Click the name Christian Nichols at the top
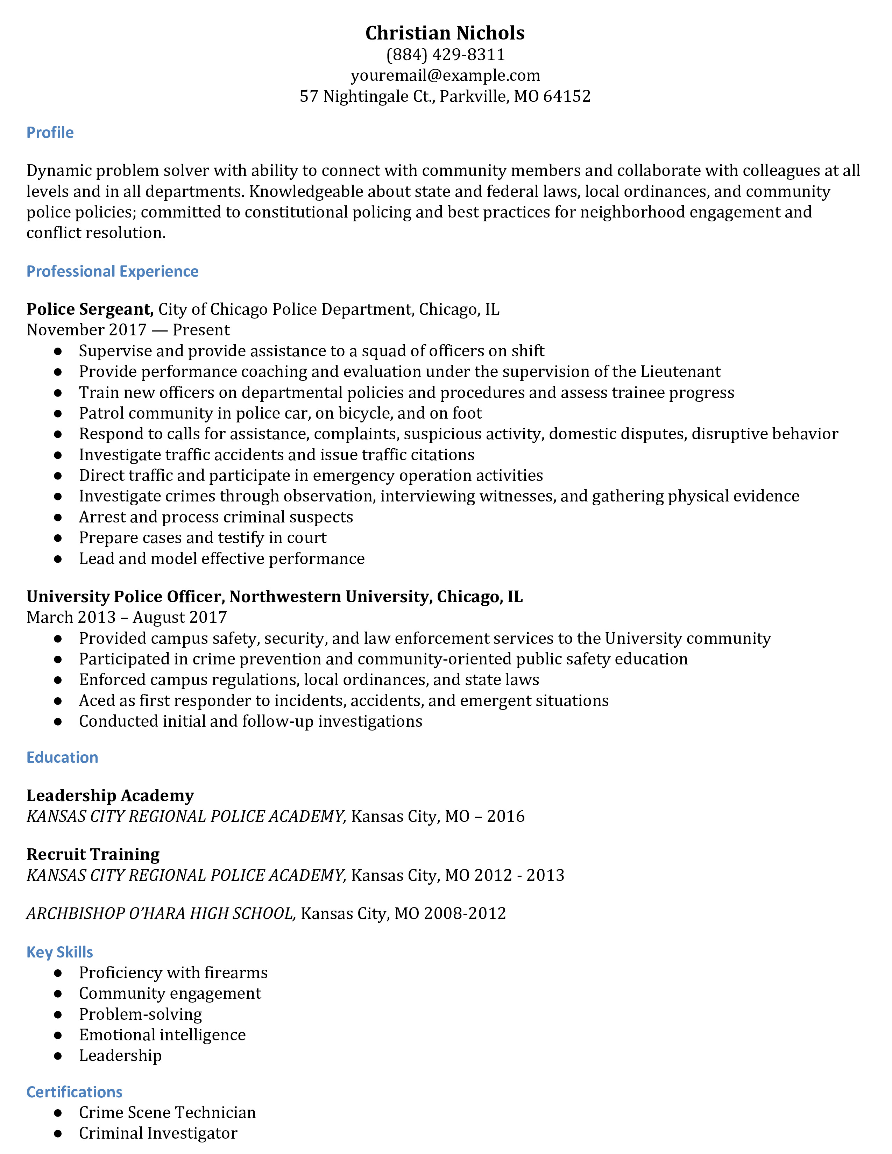pos(445,33)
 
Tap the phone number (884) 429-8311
pos(445,55)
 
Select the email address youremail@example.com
pos(445,76)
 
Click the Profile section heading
pos(50,133)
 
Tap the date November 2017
pos(86,330)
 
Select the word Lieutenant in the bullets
pos(680,371)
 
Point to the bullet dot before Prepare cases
pos(58,538)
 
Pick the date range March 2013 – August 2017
pos(127,617)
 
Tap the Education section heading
pos(62,757)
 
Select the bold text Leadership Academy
pos(110,795)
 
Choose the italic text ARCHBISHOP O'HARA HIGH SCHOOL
pos(161,913)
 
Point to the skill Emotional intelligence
pos(162,1035)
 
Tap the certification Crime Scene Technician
pos(167,1112)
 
